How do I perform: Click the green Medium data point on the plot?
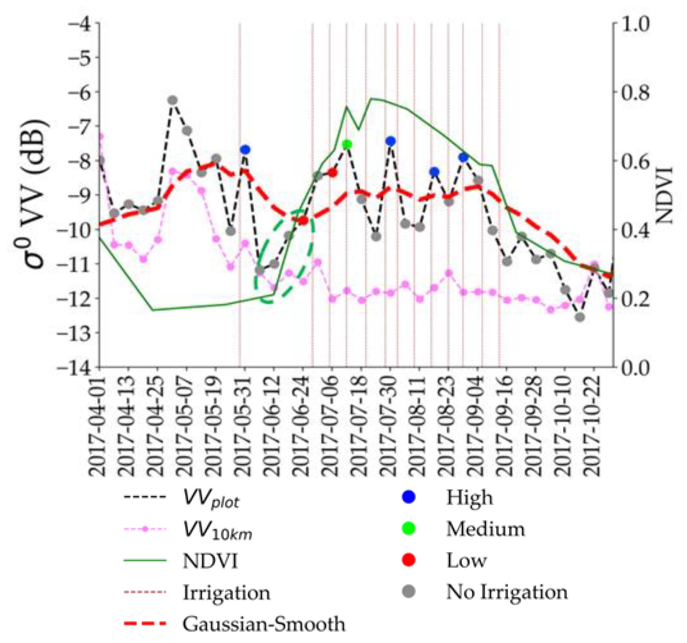347,145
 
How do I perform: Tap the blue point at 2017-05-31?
245,150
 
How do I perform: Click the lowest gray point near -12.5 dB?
580,317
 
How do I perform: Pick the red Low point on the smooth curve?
303,220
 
